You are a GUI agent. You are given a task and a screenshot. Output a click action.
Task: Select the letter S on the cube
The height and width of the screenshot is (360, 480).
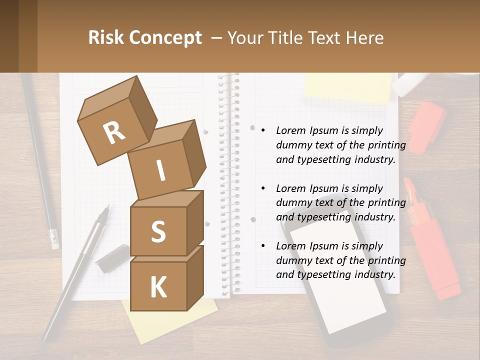[x=158, y=232]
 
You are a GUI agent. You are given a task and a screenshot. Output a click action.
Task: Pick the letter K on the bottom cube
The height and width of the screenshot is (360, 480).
[x=158, y=287]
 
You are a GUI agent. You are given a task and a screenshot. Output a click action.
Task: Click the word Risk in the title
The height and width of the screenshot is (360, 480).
[x=107, y=37]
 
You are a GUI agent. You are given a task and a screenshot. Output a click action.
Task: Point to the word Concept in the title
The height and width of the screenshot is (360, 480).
[x=166, y=37]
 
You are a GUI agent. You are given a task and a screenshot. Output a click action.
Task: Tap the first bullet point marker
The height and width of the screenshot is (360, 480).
[x=263, y=130]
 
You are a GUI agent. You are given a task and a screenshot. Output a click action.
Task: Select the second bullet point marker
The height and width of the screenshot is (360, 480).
[x=263, y=188]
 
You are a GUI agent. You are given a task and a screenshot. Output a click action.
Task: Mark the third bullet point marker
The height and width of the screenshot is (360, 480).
[x=263, y=246]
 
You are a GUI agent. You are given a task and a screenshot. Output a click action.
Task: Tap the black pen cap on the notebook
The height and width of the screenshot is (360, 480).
[x=112, y=258]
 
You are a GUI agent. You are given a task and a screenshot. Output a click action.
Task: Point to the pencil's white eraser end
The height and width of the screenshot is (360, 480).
[x=54, y=239]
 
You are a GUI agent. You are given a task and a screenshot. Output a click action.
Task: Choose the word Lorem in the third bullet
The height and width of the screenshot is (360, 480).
[x=291, y=246]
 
